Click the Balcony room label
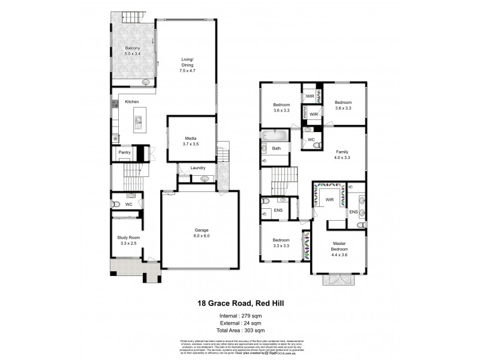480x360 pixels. (x=132, y=48)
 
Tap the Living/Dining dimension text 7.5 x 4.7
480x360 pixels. (x=187, y=71)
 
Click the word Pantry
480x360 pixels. (x=124, y=152)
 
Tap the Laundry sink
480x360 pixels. (x=204, y=178)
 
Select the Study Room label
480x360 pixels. (x=127, y=238)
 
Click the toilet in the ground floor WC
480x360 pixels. (x=116, y=205)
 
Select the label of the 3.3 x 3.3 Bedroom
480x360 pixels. (x=281, y=240)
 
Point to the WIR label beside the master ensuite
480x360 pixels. (x=329, y=199)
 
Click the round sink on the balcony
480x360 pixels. (x=146, y=82)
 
